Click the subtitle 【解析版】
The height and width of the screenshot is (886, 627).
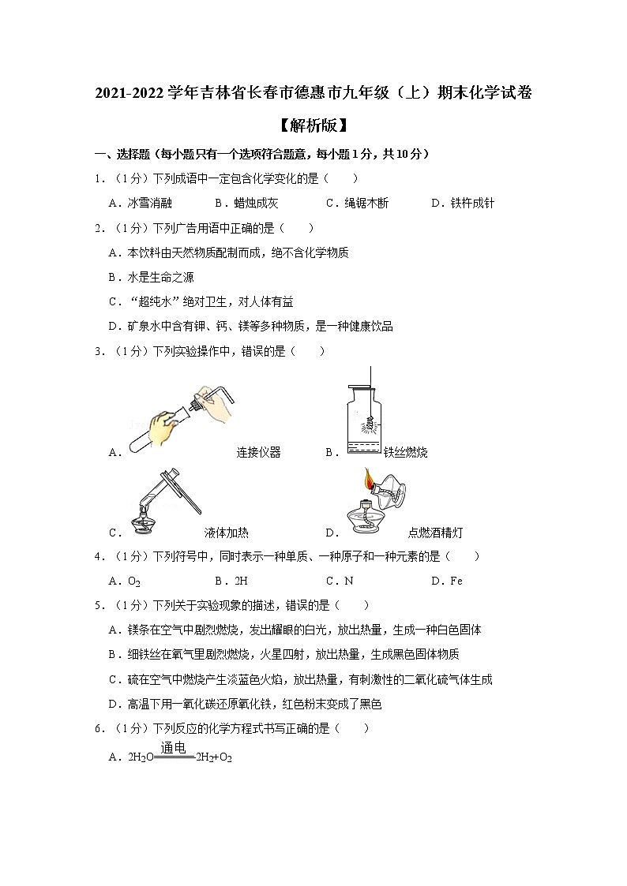pos(313,125)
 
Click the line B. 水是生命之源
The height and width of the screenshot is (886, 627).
pos(151,277)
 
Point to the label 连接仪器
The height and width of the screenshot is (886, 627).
pos(258,452)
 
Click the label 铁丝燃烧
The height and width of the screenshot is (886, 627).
pos(405,452)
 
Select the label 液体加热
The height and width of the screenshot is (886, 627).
pos(226,533)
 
